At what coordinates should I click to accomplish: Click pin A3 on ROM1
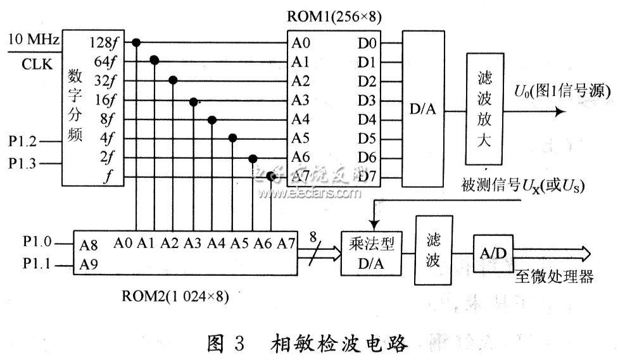tap(301, 100)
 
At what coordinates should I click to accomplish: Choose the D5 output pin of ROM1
tap(367, 138)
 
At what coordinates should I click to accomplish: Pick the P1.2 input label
tap(22, 142)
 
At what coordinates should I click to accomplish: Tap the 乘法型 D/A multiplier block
tap(370, 251)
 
